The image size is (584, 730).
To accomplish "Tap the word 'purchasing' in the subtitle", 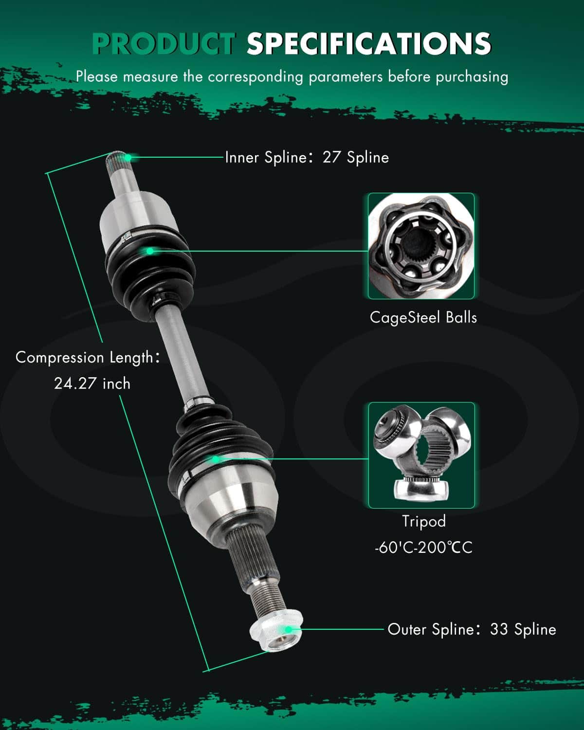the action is click(x=472, y=77).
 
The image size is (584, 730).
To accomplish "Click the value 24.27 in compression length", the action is click(x=75, y=383).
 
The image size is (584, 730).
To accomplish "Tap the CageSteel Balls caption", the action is click(x=423, y=318).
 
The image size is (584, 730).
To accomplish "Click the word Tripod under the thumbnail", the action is click(x=424, y=521).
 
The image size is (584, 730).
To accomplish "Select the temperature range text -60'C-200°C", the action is click(x=423, y=547).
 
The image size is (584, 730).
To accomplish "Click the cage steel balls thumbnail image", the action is click(x=421, y=246).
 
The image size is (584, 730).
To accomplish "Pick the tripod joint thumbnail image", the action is click(x=421, y=455).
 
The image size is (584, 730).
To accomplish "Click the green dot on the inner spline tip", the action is click(x=128, y=157).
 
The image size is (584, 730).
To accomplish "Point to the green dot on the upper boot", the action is click(x=149, y=251).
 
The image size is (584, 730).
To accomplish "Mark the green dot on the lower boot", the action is click(x=216, y=459).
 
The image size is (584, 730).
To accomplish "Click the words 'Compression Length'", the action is click(x=84, y=358).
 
